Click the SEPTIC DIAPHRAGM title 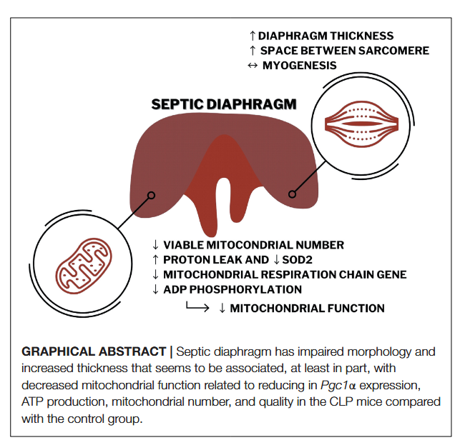[x=223, y=104]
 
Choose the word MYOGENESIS [x=299, y=66]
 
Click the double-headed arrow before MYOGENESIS [x=252, y=66]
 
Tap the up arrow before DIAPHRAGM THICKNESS [x=252, y=36]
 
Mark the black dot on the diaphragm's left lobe [x=151, y=194]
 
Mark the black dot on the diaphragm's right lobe [x=292, y=194]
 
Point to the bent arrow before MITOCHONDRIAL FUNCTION [x=196, y=307]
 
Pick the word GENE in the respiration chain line [x=391, y=275]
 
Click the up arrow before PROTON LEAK [x=156, y=260]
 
